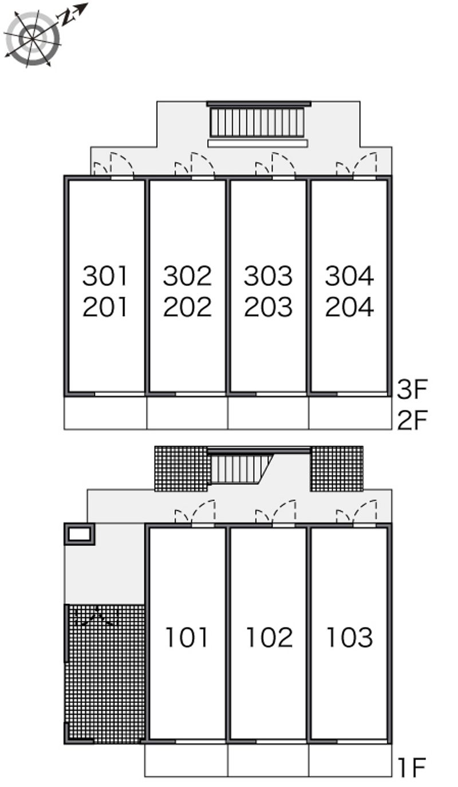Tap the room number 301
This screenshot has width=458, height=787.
tap(104, 276)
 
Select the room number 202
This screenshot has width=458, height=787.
tap(187, 307)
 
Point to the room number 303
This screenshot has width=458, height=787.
tap(268, 276)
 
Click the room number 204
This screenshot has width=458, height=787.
tap(349, 307)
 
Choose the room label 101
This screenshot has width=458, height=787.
tap(187, 637)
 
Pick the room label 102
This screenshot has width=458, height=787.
tap(269, 637)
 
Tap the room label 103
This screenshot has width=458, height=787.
tap(349, 637)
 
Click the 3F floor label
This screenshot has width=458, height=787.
tap(412, 389)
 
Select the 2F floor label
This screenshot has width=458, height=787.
tap(412, 420)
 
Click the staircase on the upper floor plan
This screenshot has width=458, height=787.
tap(257, 122)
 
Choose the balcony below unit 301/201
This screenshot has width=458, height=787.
tap(105, 413)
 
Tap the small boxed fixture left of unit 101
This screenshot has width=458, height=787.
tap(79, 534)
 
